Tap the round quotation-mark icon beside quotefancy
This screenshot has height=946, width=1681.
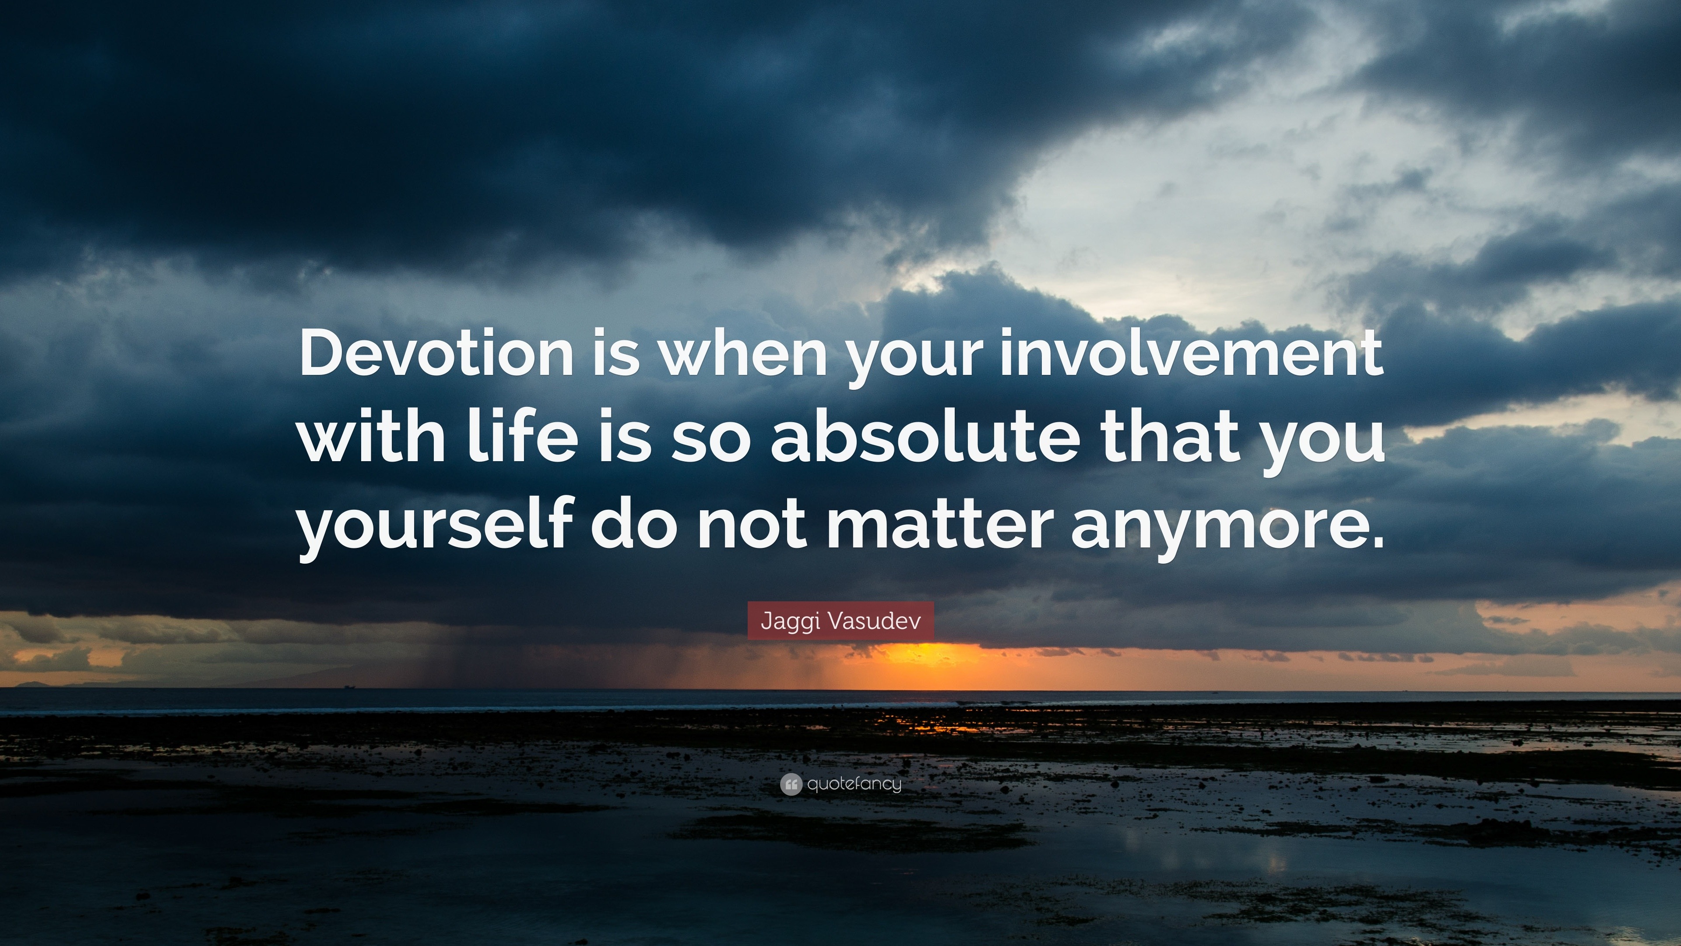coord(791,784)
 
